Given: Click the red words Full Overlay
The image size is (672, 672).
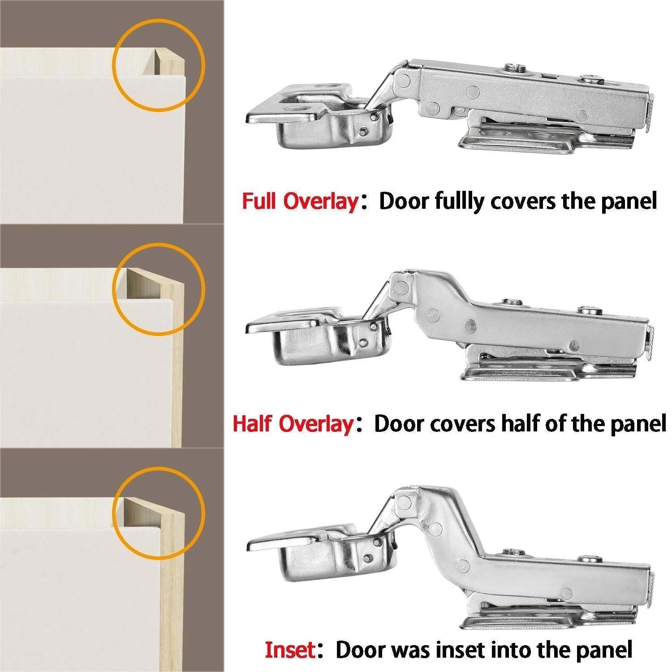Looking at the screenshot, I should [299, 201].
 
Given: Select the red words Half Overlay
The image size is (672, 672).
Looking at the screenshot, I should [293, 423].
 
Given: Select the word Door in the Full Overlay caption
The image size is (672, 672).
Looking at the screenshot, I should [405, 201].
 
